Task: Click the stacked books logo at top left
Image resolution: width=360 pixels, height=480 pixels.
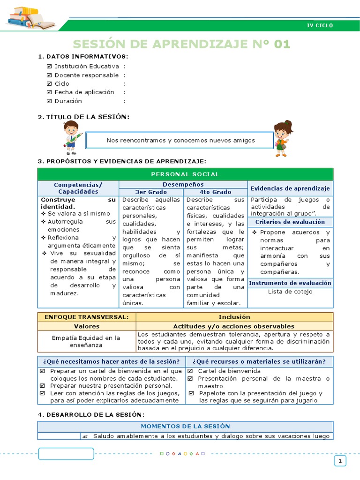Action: coord(31,17)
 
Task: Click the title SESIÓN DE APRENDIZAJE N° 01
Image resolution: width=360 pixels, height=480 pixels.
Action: coord(182,45)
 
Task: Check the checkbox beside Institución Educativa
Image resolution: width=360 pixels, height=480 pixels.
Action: coord(50,67)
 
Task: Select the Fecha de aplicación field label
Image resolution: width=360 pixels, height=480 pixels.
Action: coord(84,92)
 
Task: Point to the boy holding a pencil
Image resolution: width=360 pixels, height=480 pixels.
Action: coord(71,137)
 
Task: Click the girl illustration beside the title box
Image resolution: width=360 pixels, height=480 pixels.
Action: coord(283,137)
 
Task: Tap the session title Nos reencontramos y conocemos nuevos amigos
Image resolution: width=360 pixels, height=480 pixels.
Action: coord(180,140)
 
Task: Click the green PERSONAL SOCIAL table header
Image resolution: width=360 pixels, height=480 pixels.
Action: coord(185,174)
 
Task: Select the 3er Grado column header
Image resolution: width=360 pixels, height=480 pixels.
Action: coord(151,192)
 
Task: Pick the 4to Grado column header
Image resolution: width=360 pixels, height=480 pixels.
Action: coord(215,192)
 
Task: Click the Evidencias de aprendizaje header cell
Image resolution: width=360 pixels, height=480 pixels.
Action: coord(290,188)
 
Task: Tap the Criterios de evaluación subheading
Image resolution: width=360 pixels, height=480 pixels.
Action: coord(290,222)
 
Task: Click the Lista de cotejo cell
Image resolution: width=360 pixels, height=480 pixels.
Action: coord(290,292)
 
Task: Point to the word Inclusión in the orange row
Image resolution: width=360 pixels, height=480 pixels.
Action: coord(234,317)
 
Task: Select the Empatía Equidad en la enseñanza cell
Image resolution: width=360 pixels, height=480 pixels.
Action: coord(86,341)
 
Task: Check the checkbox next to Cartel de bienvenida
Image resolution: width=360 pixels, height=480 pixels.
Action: coord(190,371)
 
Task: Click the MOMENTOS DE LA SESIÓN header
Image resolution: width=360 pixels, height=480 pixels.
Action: coord(185,426)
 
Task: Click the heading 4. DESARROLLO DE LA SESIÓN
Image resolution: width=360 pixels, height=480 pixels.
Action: coord(91,414)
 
